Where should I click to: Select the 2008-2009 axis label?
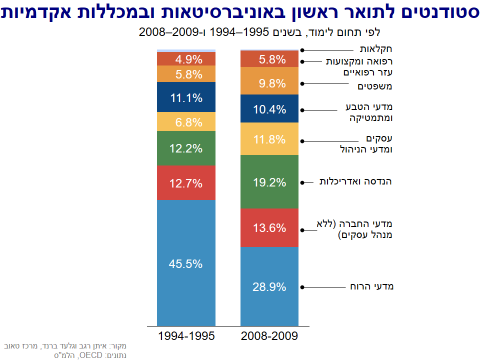point(269,337)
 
